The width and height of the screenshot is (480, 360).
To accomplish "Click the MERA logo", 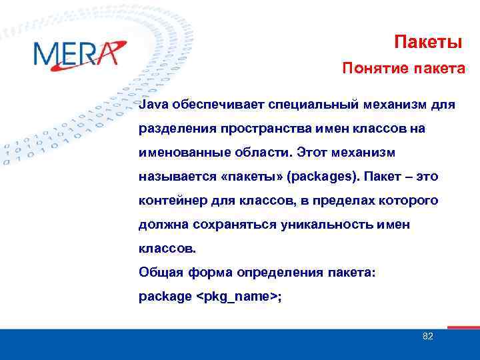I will pos(79,53).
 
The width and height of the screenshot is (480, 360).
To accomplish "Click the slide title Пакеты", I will pos(428,43).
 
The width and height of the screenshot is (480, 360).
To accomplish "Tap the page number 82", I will pos(428,336).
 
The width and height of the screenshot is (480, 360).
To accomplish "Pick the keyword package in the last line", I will pos(165,297).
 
